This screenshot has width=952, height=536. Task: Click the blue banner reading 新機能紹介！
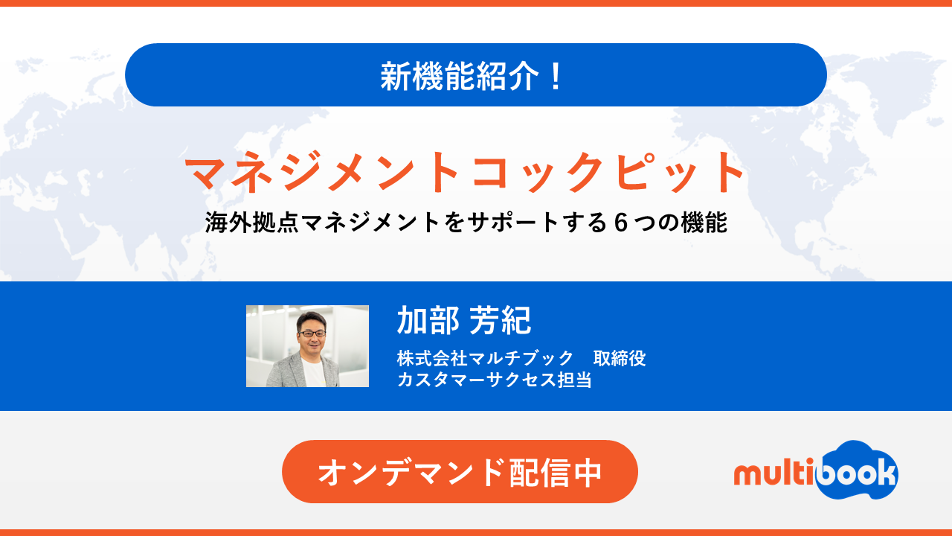476,75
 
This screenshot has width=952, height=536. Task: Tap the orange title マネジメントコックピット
465,172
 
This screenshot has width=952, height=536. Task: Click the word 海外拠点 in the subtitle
252,223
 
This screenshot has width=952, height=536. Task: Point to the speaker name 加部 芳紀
463,320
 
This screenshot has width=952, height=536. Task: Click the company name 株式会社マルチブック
485,358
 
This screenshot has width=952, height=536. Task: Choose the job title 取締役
620,358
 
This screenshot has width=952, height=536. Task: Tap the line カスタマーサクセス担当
495,379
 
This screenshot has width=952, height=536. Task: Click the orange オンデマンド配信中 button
460,472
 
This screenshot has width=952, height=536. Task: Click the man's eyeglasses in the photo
312,334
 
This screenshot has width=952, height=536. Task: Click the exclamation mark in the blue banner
556,77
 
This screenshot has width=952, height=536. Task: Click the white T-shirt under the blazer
314,372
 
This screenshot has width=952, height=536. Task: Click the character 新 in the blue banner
395,76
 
